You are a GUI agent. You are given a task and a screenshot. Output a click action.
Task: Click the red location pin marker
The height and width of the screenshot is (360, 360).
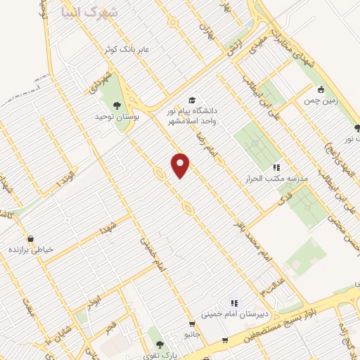click(181, 165)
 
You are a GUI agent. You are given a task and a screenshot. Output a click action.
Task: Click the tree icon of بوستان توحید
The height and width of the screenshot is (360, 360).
click(127, 105)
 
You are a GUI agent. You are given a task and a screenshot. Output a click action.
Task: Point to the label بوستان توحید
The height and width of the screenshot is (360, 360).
click(115, 117)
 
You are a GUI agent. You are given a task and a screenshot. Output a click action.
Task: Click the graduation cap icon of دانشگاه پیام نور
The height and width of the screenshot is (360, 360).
click(192, 101)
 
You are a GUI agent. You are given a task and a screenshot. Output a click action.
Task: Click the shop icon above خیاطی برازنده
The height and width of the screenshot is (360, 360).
click(30, 238)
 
